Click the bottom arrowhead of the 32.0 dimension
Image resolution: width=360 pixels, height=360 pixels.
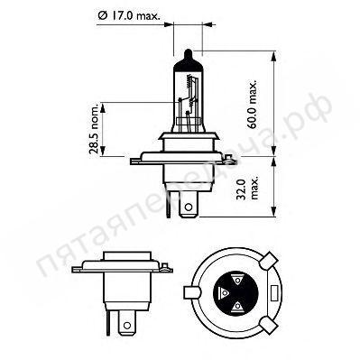tap(271, 214)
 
